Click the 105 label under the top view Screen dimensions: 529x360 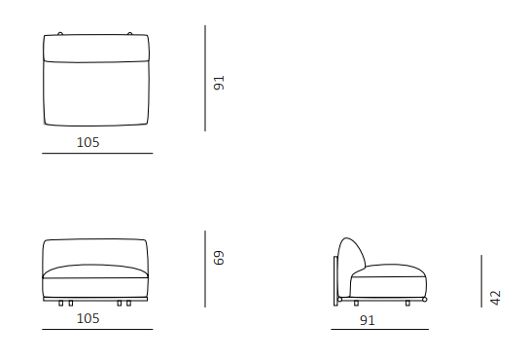pos(88,142)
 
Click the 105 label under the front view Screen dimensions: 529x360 pos(88,318)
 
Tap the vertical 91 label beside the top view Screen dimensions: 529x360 pos(219,83)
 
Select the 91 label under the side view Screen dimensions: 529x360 pos(368,320)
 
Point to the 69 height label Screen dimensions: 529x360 pos(219,258)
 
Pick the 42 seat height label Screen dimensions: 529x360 pos(496,298)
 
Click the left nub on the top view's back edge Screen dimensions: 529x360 pos(60,33)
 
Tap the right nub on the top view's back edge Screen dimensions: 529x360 pos(130,33)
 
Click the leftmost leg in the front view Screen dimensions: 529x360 pos(60,304)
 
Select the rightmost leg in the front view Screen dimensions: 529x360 pos(128,304)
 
